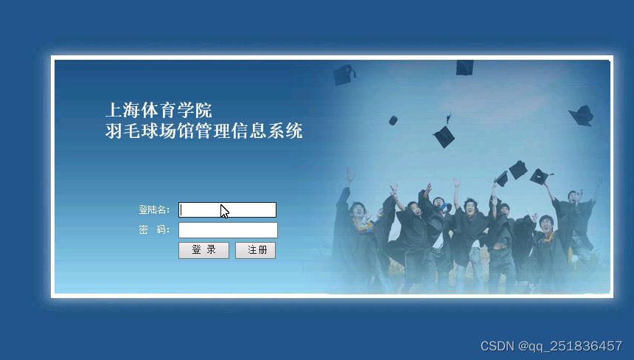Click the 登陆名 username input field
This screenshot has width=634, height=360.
click(x=227, y=210)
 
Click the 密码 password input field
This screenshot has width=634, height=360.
click(x=228, y=230)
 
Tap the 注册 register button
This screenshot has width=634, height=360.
click(x=256, y=250)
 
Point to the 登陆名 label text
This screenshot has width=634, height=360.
click(x=153, y=210)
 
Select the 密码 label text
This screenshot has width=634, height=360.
click(x=153, y=229)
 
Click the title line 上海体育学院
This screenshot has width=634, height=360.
click(x=158, y=110)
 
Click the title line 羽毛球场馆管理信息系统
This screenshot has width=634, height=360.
click(x=203, y=131)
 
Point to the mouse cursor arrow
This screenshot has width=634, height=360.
click(x=225, y=212)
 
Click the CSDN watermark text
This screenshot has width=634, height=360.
click(x=551, y=346)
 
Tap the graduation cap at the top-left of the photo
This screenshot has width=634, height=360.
click(x=344, y=75)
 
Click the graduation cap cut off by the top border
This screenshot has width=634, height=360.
click(x=464, y=68)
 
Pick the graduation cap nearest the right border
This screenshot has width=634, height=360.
click(x=582, y=116)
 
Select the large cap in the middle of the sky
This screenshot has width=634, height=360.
click(x=445, y=136)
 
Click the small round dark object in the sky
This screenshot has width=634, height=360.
click(x=393, y=120)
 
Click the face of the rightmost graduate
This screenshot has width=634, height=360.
click(x=574, y=197)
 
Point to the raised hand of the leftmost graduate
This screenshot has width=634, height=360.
click(x=349, y=176)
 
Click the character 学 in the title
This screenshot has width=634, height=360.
click(x=185, y=110)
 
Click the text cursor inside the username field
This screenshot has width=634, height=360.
click(x=181, y=210)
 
